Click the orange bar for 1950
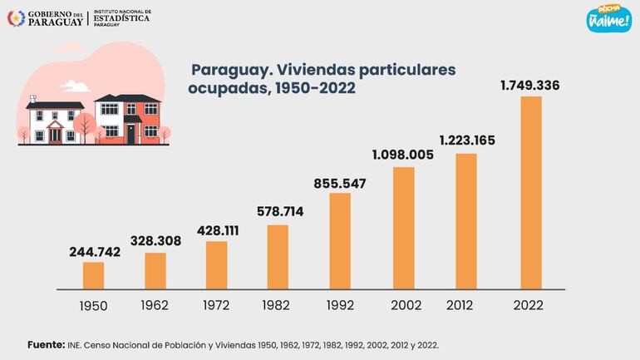[94, 275]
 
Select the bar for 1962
[155, 270]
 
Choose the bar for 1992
[340, 240]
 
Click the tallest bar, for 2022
[530, 192]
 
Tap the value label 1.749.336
[529, 86]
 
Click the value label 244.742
[94, 252]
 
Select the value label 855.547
[340, 183]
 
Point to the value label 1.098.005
[403, 155]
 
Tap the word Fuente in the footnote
[46, 344]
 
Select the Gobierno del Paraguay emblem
[14, 17]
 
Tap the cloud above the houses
[76, 86]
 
